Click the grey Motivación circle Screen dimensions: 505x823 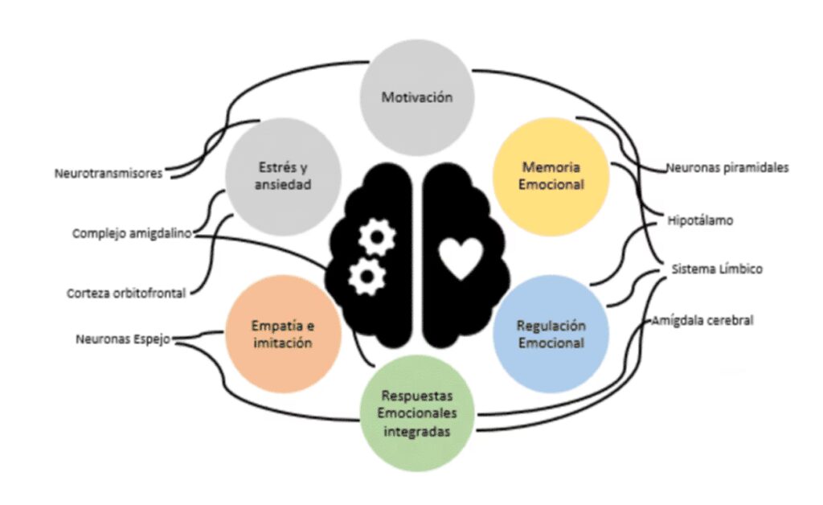[x=416, y=97]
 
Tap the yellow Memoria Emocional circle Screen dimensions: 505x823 [x=551, y=175]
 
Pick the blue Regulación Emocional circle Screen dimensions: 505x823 [x=551, y=333]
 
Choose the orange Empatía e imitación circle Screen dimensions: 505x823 [x=279, y=334]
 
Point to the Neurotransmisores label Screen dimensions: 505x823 [x=108, y=173]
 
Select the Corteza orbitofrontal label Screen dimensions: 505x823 [x=126, y=294]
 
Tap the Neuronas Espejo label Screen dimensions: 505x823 [x=123, y=339]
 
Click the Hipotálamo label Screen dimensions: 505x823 [x=700, y=220]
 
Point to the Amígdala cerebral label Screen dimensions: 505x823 [x=702, y=320]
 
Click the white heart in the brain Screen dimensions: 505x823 [x=461, y=259]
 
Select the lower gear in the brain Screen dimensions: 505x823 [x=367, y=276]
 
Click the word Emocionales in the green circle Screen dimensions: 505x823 [x=416, y=413]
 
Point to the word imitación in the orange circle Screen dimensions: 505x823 [x=279, y=343]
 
